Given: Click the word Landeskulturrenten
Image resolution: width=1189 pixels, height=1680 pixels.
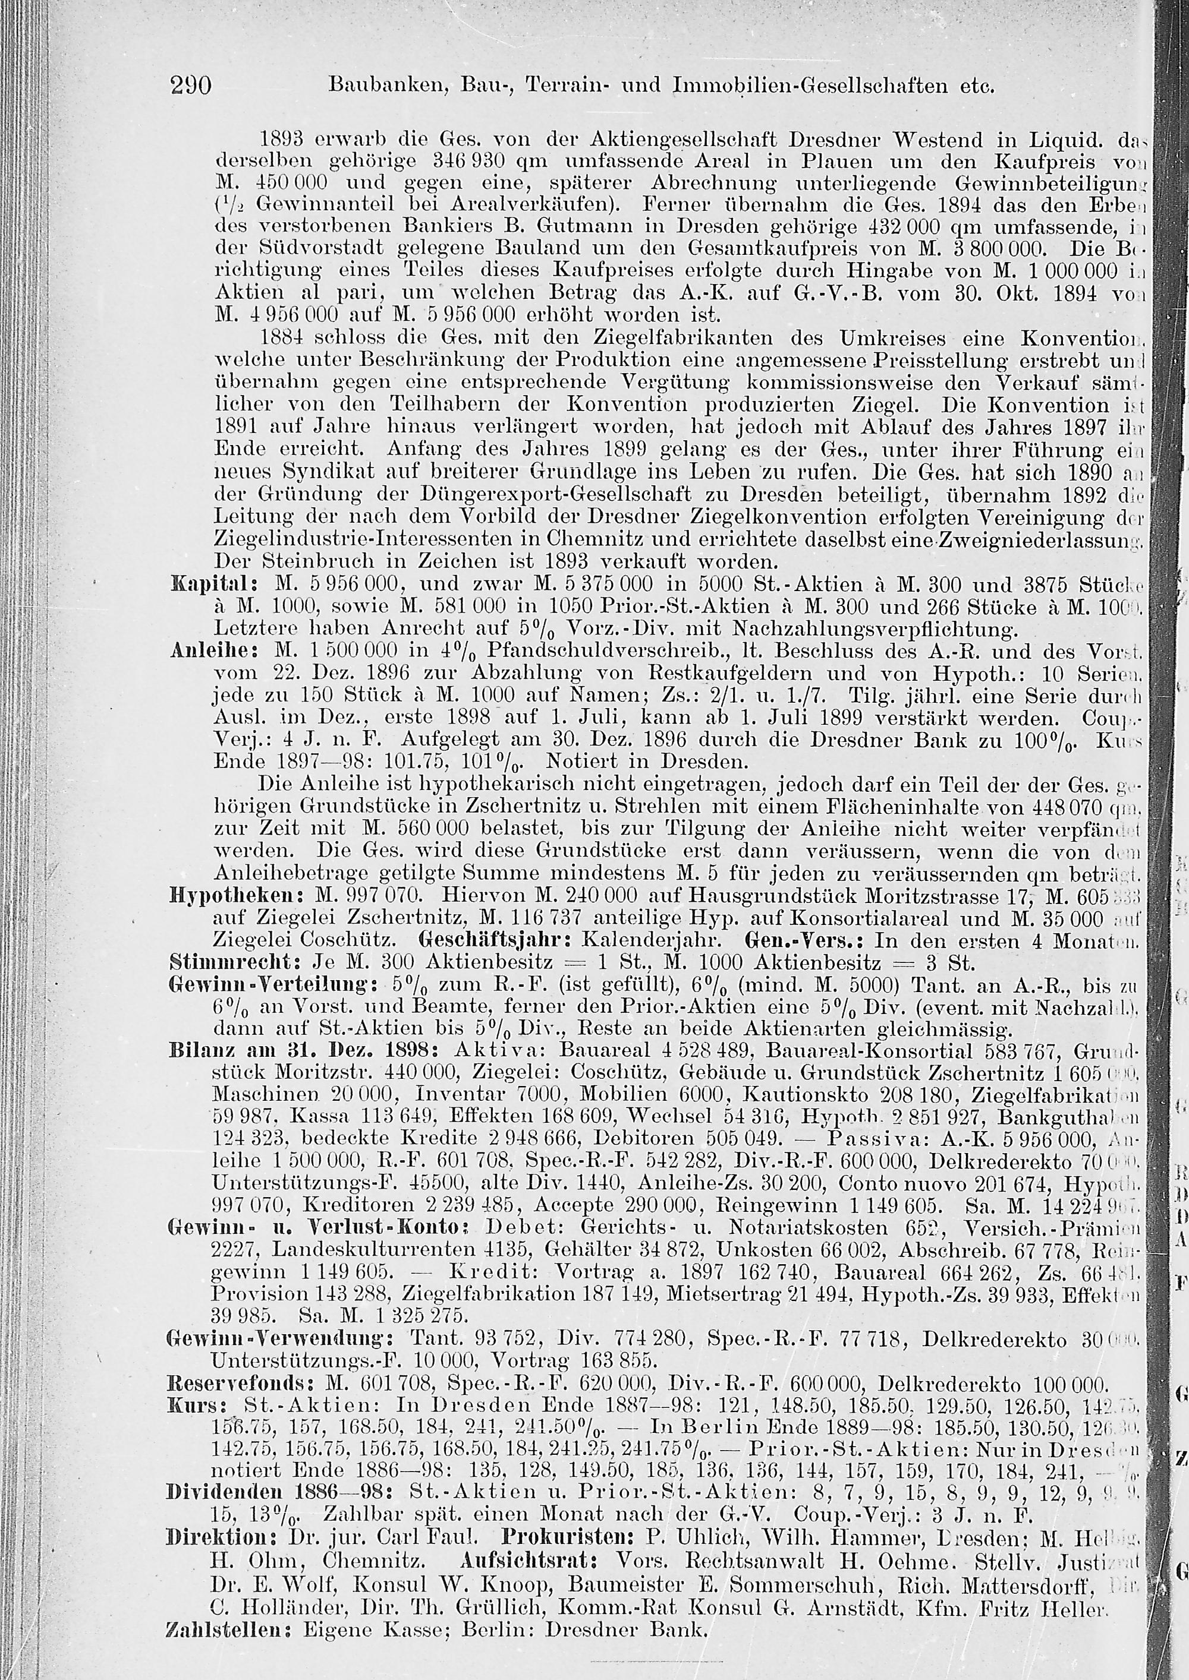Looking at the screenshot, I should click(345, 1253).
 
